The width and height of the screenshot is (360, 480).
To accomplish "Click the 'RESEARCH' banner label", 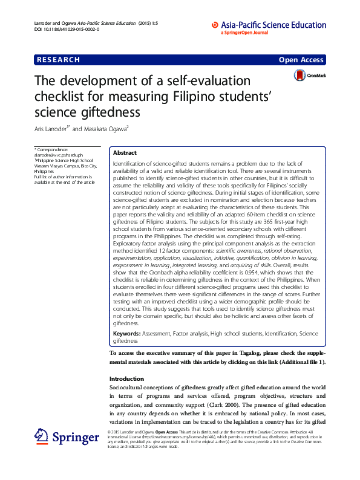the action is pos(58,60).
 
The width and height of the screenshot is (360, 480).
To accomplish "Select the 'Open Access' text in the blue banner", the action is pos(301,60).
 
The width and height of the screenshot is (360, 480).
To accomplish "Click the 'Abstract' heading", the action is pos(125,154).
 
